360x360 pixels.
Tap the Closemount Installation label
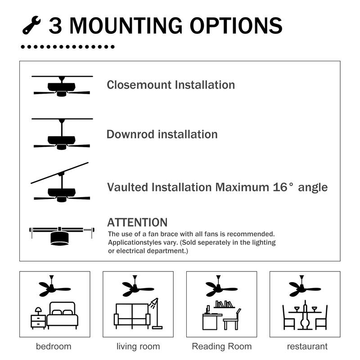coord(171,85)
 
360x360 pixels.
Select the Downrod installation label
coord(162,134)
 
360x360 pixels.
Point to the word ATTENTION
coord(137,222)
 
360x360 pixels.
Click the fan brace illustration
coord(61,234)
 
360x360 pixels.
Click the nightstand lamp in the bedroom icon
coord(38,311)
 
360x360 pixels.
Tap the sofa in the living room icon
coord(132,315)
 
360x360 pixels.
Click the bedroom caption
coord(54,346)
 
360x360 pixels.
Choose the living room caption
coord(138,346)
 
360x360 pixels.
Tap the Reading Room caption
coord(221,346)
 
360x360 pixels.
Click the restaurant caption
coord(307,346)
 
